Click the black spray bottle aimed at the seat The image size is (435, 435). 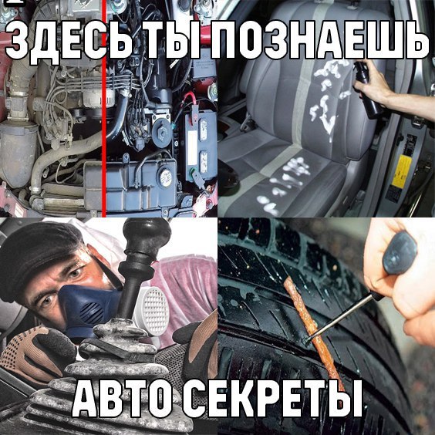[x=367, y=89]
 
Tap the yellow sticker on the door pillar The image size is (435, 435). [x=401, y=171]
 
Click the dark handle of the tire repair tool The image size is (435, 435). [x=400, y=254]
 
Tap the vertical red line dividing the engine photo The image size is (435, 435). [x=104, y=108]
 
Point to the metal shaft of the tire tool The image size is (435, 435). [x=344, y=316]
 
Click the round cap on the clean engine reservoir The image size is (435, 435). [x=166, y=177]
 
